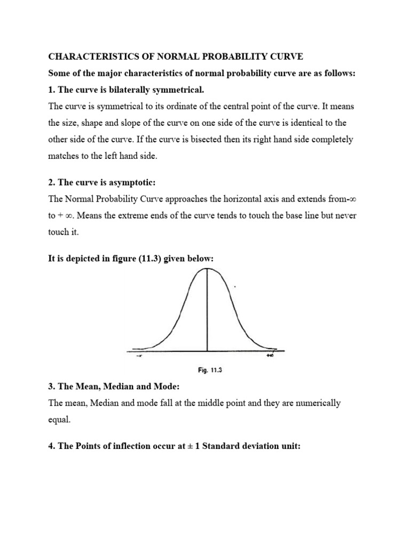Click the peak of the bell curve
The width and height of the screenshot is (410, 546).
(207, 270)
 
